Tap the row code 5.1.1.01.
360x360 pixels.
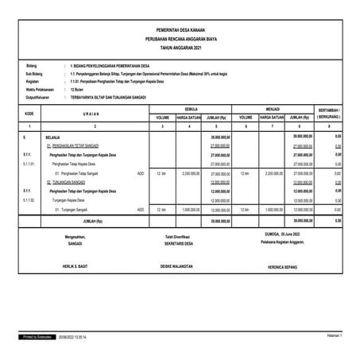coord(30,164)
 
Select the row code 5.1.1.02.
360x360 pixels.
coord(30,201)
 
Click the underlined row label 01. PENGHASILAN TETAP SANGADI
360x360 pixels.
coord(77,146)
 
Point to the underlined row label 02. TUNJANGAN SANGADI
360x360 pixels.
coord(71,182)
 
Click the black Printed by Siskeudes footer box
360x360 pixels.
coord(37,338)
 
